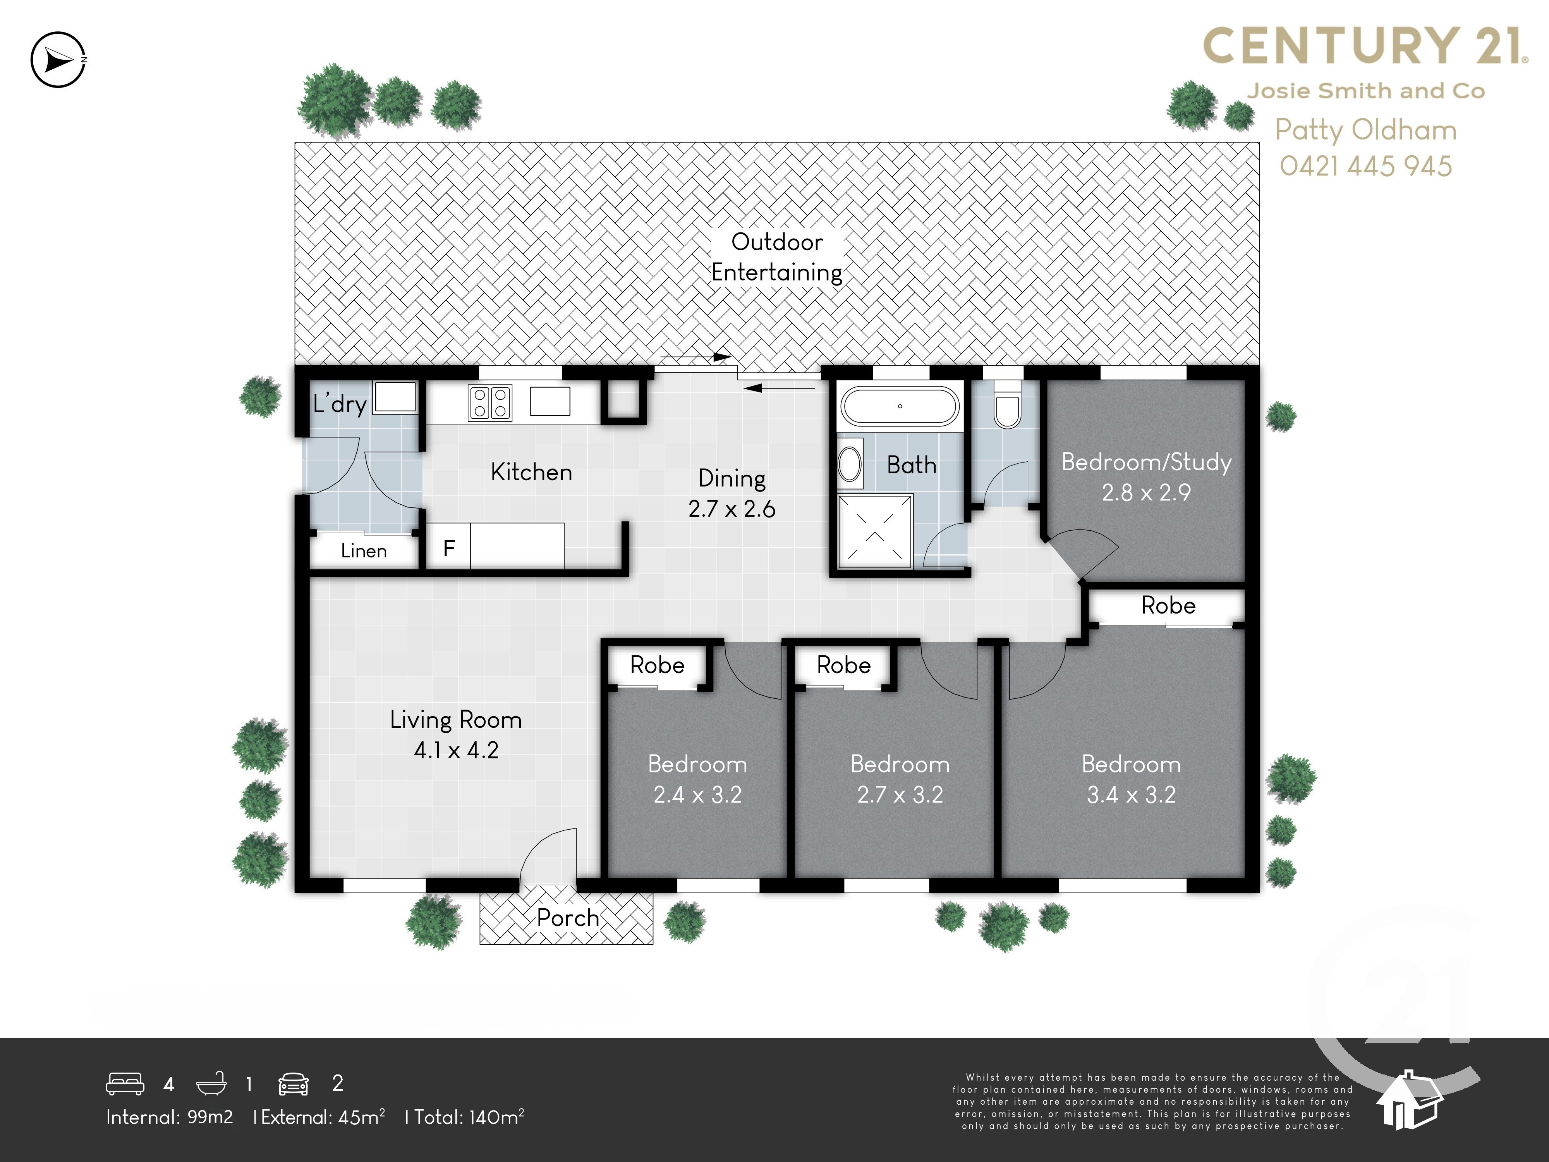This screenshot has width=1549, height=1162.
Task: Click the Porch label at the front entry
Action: point(567,918)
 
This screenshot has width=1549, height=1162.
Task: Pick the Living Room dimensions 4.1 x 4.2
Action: point(456,750)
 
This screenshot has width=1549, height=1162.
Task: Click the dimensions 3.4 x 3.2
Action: point(1131,794)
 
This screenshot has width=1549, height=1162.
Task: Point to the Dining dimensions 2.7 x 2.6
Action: point(732,509)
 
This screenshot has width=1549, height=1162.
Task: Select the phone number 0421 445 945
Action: point(1365,166)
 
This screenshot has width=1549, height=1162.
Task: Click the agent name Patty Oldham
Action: point(1365,130)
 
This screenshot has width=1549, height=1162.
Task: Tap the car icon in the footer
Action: point(294,1083)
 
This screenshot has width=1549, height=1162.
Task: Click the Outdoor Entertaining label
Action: point(776,257)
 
